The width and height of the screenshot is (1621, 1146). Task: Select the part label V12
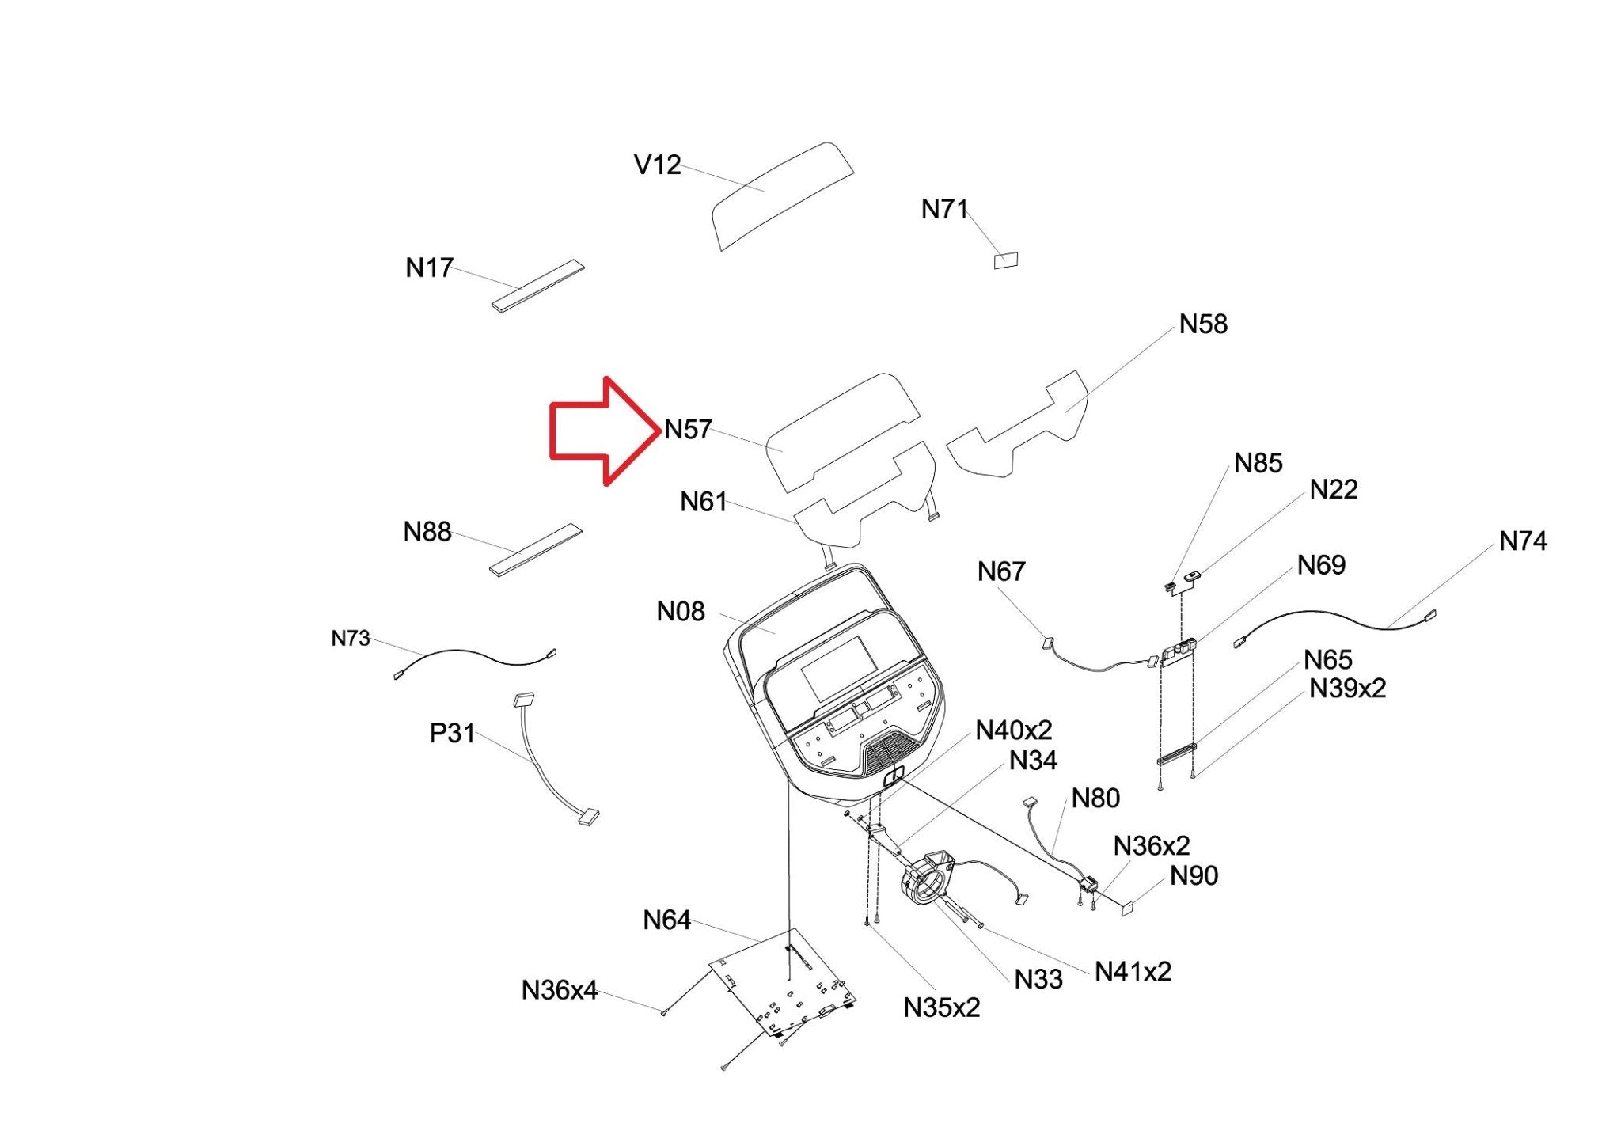tap(658, 165)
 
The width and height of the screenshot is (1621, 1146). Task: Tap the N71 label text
tap(945, 209)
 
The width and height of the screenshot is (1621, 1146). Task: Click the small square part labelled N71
tap(1006, 260)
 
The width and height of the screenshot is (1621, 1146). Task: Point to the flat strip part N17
tap(537, 286)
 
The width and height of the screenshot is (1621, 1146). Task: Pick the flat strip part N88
tap(536, 549)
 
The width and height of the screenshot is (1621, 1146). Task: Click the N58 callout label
tap(1203, 324)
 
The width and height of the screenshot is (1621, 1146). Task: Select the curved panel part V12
tap(782, 195)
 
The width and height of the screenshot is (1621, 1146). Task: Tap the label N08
tap(681, 611)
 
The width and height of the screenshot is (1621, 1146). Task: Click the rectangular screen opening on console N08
tap(839, 666)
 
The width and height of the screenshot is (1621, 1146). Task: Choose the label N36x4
tap(560, 990)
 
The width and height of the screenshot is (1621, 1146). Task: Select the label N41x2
tap(1133, 971)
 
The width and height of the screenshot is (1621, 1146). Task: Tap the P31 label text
tap(452, 734)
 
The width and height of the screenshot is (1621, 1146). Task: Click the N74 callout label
tap(1523, 541)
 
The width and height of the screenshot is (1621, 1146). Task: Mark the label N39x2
tap(1347, 689)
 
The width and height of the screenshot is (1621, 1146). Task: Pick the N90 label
tap(1194, 876)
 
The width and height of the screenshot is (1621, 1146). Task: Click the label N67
tap(1001, 571)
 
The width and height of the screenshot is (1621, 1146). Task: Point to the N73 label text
tap(351, 639)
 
